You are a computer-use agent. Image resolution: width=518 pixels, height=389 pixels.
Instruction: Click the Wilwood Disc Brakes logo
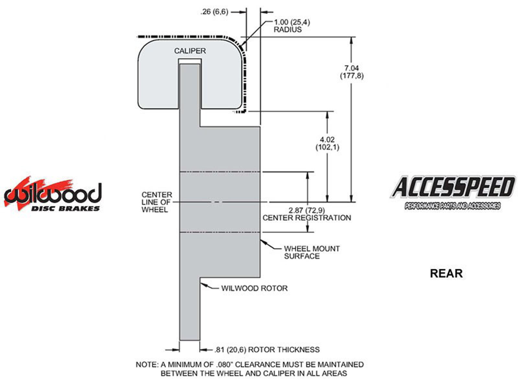tap(53, 194)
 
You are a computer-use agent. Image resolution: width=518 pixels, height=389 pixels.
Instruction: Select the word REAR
tap(446, 273)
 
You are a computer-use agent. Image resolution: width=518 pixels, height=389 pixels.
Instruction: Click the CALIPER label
tap(190, 51)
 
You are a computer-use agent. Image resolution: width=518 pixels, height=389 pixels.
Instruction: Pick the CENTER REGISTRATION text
tap(307, 218)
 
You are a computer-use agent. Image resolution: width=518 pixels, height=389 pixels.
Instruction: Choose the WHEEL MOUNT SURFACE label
tap(311, 253)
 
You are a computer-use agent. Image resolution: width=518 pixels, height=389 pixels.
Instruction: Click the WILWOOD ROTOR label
tap(254, 288)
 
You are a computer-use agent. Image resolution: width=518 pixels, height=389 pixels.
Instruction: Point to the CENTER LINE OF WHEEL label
tap(157, 202)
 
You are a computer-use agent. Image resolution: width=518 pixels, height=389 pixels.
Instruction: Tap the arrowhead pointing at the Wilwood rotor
tap(202, 284)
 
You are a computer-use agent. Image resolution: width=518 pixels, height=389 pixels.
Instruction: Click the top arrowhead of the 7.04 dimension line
tap(351, 39)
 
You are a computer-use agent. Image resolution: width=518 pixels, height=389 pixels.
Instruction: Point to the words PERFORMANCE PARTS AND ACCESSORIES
tap(452, 206)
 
